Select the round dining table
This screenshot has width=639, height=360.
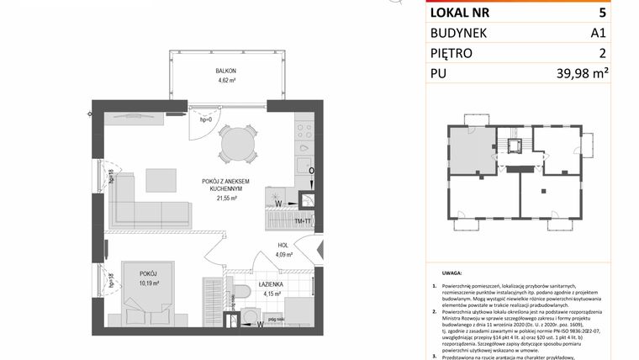click(x=238, y=146)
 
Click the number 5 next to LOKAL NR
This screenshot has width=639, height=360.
click(x=602, y=13)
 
